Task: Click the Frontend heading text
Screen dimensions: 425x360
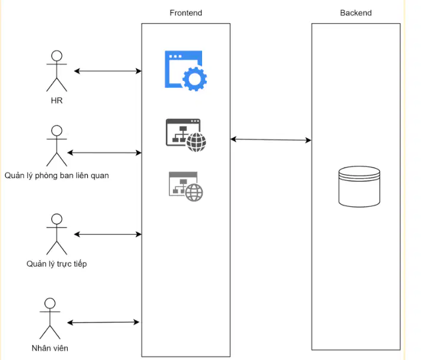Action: [x=185, y=12]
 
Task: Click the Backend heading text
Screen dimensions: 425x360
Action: [x=355, y=12]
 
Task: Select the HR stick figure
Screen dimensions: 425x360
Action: [x=56, y=71]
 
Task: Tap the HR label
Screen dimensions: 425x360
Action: [x=56, y=100]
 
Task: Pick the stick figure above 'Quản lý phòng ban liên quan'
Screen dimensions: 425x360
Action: [x=56, y=146]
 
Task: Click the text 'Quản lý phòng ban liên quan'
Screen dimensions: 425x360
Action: [x=56, y=175]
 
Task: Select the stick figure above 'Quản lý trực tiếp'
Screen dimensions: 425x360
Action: [x=56, y=234]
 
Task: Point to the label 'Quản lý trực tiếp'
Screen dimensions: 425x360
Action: [x=56, y=264]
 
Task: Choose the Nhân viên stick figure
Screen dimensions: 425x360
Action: [x=50, y=318]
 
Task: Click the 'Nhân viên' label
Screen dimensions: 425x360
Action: [x=50, y=348]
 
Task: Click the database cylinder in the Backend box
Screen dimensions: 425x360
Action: [x=359, y=187]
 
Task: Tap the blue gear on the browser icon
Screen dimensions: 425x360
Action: [x=194, y=79]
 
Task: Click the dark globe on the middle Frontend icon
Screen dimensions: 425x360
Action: [x=196, y=142]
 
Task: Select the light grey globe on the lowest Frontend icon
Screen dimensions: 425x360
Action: [x=194, y=192]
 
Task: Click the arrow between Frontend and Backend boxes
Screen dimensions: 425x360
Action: [x=271, y=140]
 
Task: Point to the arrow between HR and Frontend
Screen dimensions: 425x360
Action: [x=108, y=71]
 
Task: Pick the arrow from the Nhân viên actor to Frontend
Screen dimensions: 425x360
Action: [x=103, y=323]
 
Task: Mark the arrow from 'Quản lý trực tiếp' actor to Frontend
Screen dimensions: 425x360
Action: [x=108, y=234]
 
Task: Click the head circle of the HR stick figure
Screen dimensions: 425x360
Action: [x=56, y=56]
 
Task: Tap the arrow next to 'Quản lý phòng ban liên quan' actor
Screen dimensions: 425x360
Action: [x=105, y=153]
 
